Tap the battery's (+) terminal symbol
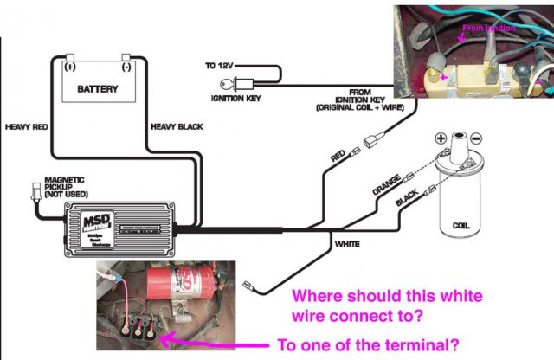[69, 65]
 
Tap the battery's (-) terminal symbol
[127, 65]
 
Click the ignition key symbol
[234, 85]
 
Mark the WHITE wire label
[348, 245]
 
